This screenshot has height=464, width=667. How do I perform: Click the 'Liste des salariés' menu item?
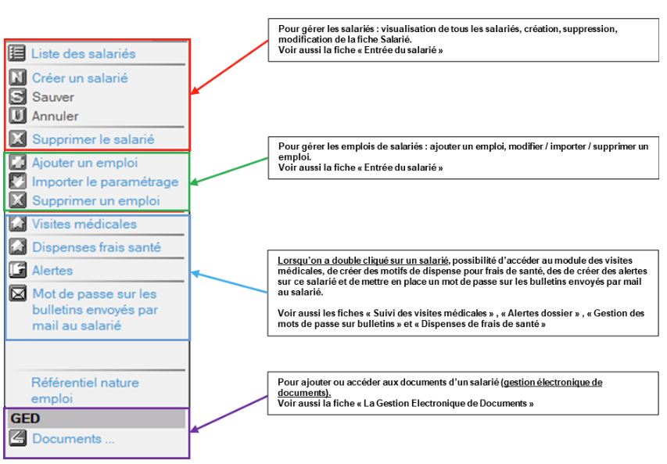click(84, 54)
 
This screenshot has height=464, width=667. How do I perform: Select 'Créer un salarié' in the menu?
click(80, 78)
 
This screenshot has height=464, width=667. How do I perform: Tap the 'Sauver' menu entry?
click(53, 97)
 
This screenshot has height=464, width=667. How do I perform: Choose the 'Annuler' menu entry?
click(56, 117)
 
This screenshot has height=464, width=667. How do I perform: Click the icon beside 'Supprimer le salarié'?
click(18, 138)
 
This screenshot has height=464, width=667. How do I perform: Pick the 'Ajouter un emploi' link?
click(85, 163)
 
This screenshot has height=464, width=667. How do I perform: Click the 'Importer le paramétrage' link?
click(106, 182)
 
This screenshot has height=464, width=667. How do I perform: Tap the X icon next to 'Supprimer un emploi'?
click(18, 200)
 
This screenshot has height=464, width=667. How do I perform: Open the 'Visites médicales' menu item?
click(84, 224)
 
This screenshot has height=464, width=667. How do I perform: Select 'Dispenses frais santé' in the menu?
click(96, 247)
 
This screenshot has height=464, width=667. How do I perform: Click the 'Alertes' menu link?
click(52, 271)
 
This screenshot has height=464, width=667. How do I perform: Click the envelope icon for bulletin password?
click(18, 293)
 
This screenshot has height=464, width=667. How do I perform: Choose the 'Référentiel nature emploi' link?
click(85, 390)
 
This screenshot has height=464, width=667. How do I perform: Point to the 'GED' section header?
click(26, 419)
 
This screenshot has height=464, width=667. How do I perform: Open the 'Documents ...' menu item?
click(74, 439)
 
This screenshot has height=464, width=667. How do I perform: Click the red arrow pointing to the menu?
click(230, 67)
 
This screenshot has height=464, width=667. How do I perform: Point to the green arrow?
click(229, 171)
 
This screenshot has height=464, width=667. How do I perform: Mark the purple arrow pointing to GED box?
click(229, 414)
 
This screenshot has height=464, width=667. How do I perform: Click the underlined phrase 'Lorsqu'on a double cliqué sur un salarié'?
click(363, 261)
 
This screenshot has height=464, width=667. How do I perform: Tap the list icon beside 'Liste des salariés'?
click(17, 53)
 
